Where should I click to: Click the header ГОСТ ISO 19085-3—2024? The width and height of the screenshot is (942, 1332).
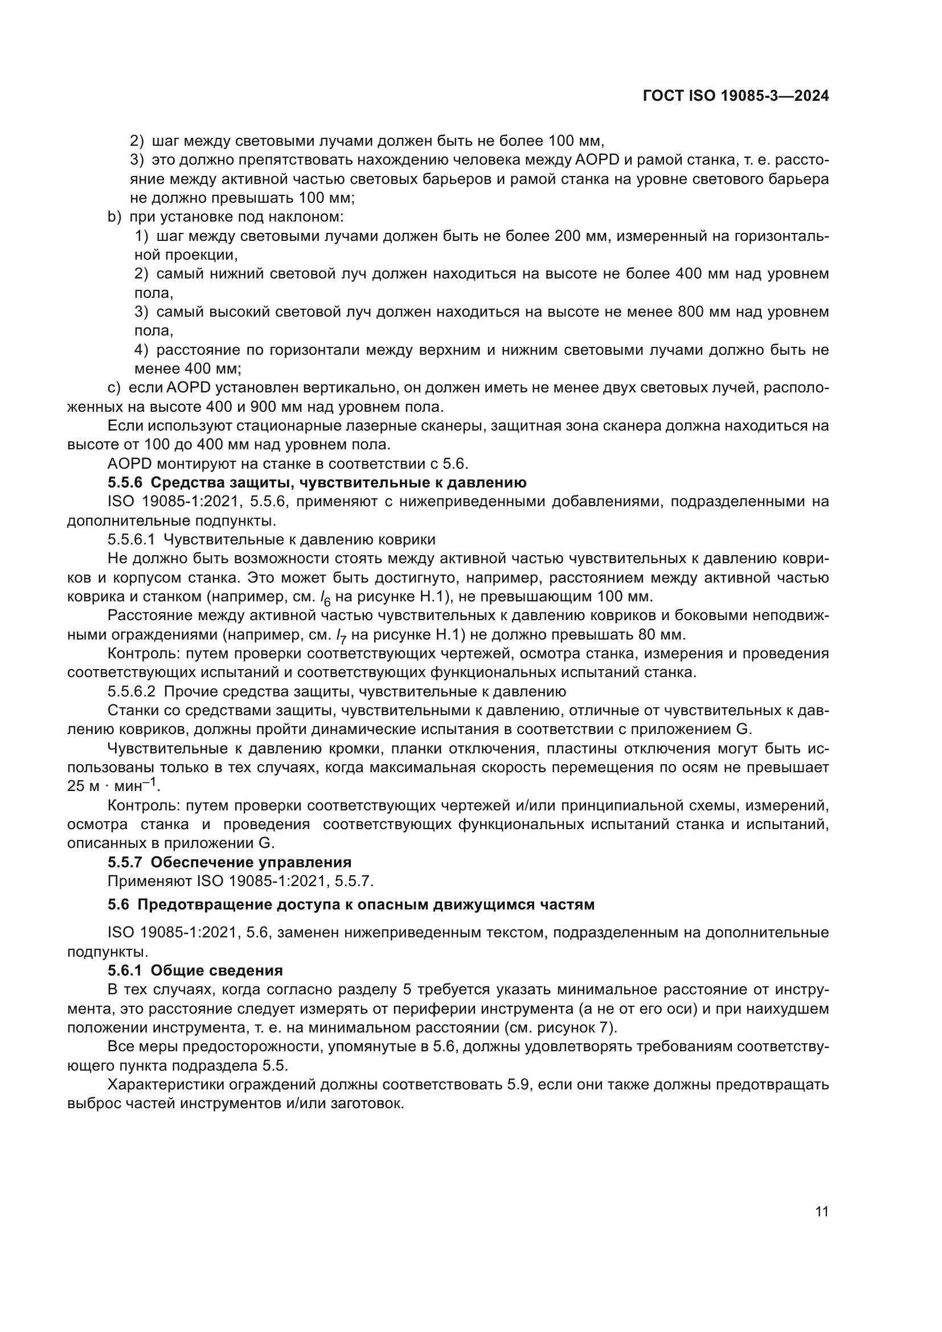click(735, 96)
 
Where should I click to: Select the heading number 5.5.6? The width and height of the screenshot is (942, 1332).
click(125, 483)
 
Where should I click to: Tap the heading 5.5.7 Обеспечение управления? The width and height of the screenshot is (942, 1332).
click(229, 863)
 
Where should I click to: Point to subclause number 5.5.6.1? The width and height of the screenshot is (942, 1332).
click(131, 539)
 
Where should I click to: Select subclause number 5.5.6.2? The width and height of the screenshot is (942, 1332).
click(131, 691)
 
